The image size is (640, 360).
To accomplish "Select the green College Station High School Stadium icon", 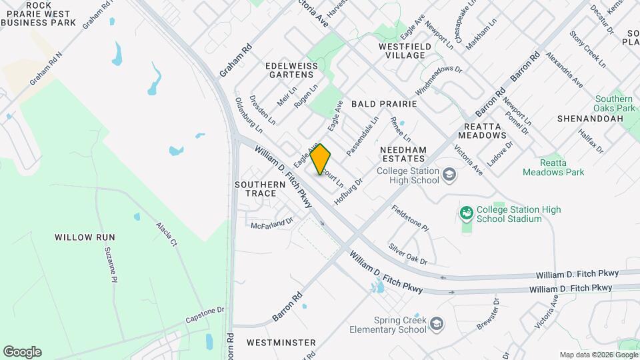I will coord(467,213).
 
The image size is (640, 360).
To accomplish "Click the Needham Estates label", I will coord(403,154).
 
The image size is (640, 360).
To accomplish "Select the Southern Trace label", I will coord(255,189).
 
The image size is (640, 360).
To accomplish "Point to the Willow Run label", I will coord(85,237).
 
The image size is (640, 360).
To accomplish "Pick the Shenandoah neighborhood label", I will coord(591,119).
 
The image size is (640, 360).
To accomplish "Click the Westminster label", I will coord(281,342).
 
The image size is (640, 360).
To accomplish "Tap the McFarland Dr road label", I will coord(272,224).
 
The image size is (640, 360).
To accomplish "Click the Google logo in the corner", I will coord(22,352).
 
